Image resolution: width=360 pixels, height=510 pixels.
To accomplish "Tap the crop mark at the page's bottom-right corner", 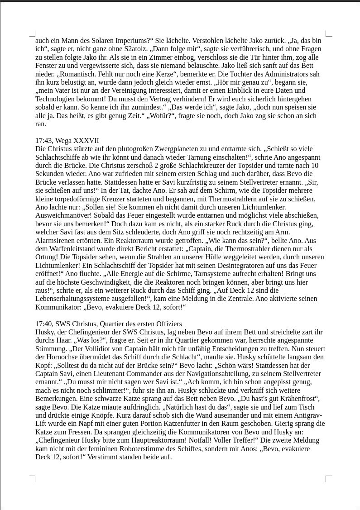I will click(x=329, y=478).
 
